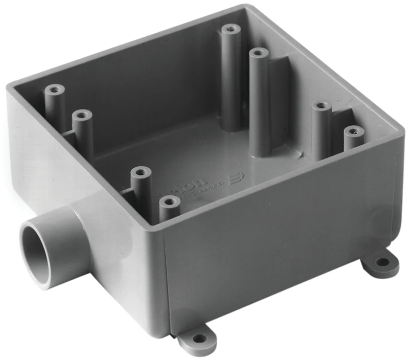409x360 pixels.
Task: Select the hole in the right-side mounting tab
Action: [382, 262]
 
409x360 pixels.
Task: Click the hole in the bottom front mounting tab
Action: [198, 338]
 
